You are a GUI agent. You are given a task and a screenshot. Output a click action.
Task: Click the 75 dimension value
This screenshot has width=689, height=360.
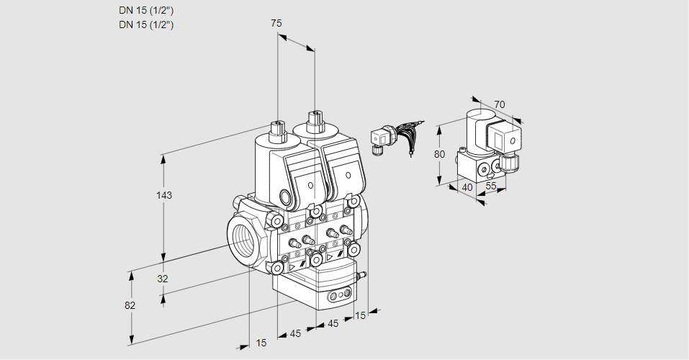276,24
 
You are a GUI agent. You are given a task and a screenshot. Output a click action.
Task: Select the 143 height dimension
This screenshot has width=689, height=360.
166,195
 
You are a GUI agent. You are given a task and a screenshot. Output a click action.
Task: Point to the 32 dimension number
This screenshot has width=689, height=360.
162,279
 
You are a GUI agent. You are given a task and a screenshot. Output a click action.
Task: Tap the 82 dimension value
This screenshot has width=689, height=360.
130,305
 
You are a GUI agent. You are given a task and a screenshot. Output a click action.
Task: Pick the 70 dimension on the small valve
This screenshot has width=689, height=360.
500,104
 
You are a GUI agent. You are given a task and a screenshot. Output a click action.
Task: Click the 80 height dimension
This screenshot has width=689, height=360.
441,153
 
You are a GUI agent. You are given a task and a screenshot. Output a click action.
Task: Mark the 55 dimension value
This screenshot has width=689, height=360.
492,186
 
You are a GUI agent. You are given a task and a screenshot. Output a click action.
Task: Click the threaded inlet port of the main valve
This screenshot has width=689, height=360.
242,238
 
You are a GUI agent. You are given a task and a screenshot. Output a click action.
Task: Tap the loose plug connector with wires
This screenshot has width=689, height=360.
381,138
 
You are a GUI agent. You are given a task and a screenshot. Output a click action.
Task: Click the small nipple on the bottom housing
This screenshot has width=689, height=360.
362,274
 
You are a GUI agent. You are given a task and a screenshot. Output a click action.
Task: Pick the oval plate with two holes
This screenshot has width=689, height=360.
341,295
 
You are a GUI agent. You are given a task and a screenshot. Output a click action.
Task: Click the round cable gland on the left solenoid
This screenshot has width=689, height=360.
286,197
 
